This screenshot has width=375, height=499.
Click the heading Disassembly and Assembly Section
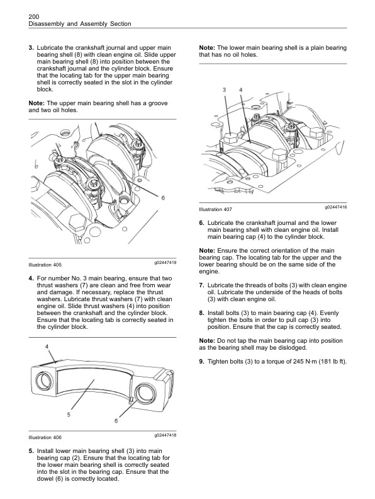coord(80,24)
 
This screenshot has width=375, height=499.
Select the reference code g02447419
coord(165,262)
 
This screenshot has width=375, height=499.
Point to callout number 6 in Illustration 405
coord(163,198)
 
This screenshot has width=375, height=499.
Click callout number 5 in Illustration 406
coord(69,414)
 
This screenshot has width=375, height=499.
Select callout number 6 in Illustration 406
coord(117,421)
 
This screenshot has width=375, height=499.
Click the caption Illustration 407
coord(215,209)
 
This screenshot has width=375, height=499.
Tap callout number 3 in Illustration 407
coord(224,91)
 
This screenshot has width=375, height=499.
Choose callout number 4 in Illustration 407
coord(240,91)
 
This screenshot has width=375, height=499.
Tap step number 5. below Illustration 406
coord(31,451)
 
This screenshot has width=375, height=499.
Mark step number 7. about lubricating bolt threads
coord(201,285)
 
